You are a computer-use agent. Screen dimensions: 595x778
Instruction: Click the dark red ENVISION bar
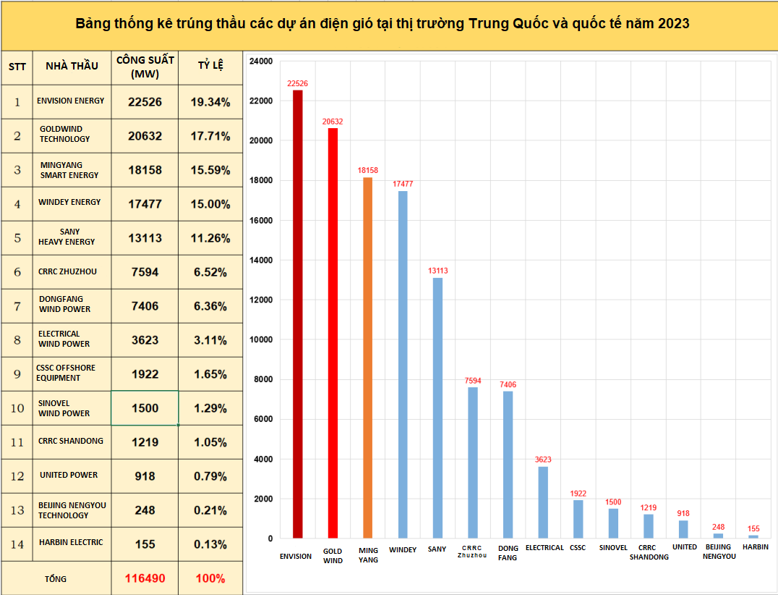(x=297, y=314)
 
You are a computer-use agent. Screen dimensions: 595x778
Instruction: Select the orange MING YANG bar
(x=368, y=358)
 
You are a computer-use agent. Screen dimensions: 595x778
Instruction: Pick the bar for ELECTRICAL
(x=543, y=502)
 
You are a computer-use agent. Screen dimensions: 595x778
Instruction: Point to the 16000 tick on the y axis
(x=260, y=220)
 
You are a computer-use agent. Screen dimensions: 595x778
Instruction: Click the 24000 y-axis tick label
(x=260, y=61)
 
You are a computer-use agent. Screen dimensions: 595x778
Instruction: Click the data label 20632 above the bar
(x=333, y=122)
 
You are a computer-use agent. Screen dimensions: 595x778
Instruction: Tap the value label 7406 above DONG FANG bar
(x=508, y=384)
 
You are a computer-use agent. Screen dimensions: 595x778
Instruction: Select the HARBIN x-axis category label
(x=755, y=547)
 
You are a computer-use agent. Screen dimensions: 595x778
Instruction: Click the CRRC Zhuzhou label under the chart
(x=472, y=552)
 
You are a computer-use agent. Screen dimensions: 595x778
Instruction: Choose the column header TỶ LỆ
(x=210, y=66)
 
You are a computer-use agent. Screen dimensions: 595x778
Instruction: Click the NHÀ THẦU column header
(x=72, y=66)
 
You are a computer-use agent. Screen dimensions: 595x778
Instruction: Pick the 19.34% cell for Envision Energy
(x=210, y=102)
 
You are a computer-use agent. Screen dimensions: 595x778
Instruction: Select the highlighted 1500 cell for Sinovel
(x=145, y=408)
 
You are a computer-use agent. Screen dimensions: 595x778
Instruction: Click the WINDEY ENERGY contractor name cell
(x=70, y=203)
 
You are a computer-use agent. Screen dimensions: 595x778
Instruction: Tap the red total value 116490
(x=145, y=578)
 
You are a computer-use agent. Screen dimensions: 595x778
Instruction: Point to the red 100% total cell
(x=210, y=578)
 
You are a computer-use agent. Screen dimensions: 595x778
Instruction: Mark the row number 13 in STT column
(x=17, y=510)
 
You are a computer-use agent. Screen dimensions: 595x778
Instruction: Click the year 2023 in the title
(x=673, y=24)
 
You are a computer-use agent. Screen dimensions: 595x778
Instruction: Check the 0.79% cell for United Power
(x=210, y=476)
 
